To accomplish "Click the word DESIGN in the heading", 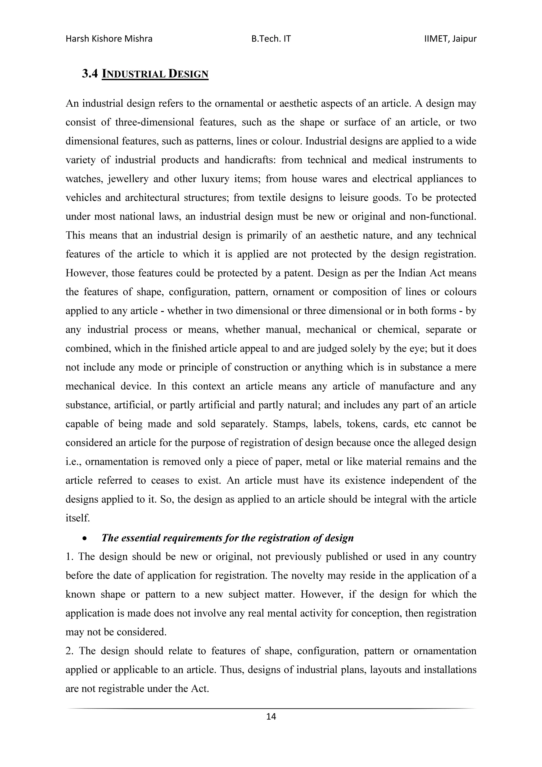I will click(188, 74).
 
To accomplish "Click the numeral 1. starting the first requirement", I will click(69, 557).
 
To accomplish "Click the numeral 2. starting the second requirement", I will click(69, 651).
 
